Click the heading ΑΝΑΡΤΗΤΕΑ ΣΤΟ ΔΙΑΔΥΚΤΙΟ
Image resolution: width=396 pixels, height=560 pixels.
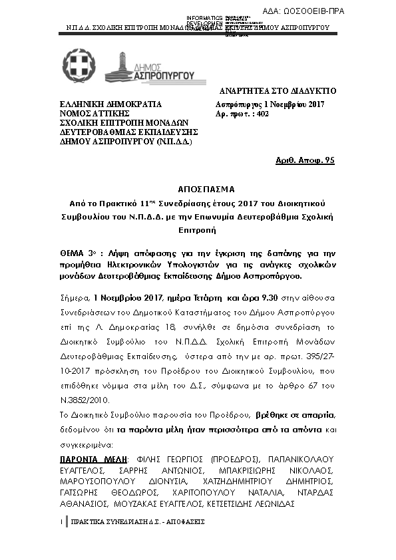[278, 90]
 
